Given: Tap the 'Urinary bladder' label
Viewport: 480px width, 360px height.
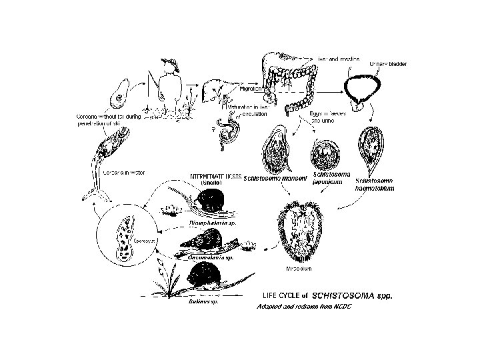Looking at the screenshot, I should point(392,63).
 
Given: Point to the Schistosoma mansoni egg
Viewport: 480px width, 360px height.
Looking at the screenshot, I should point(276,150).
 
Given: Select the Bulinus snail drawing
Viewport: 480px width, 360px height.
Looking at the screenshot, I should point(207,275).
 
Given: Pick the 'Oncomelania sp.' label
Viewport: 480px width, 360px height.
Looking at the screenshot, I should point(210,257).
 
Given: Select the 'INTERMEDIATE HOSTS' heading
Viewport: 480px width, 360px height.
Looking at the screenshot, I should point(215,176).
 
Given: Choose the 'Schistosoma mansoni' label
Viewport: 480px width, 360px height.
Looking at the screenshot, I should point(275,179).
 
